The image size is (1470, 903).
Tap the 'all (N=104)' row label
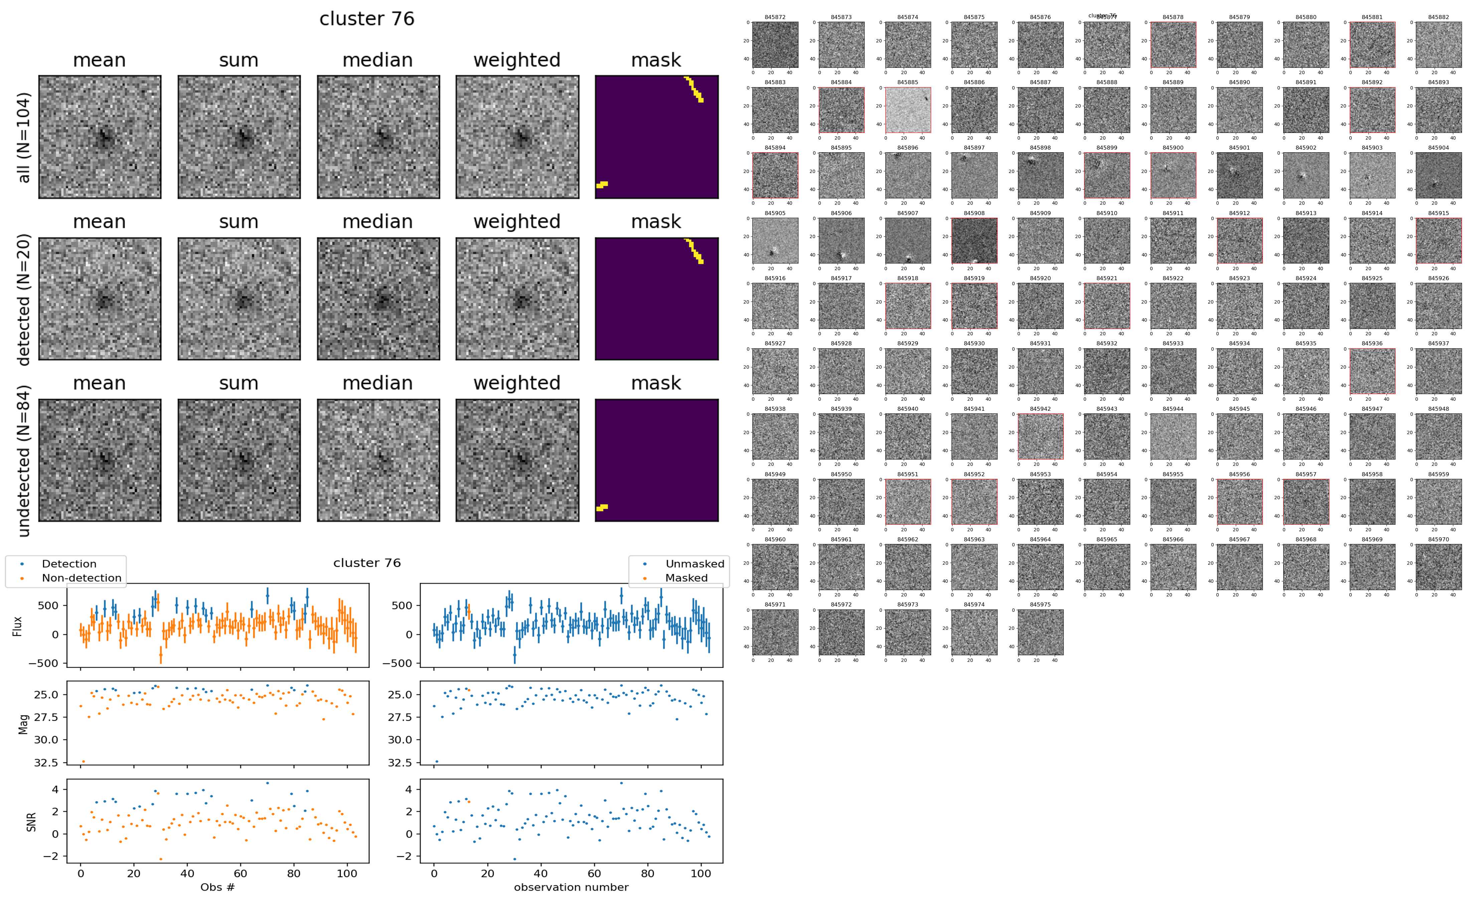pos(24,137)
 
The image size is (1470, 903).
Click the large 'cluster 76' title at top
pos(367,19)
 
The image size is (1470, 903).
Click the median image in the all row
pos(378,137)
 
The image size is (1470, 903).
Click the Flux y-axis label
pos(18,625)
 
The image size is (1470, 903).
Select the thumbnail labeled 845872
pos(775,45)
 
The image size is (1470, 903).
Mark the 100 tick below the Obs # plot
pos(347,874)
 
